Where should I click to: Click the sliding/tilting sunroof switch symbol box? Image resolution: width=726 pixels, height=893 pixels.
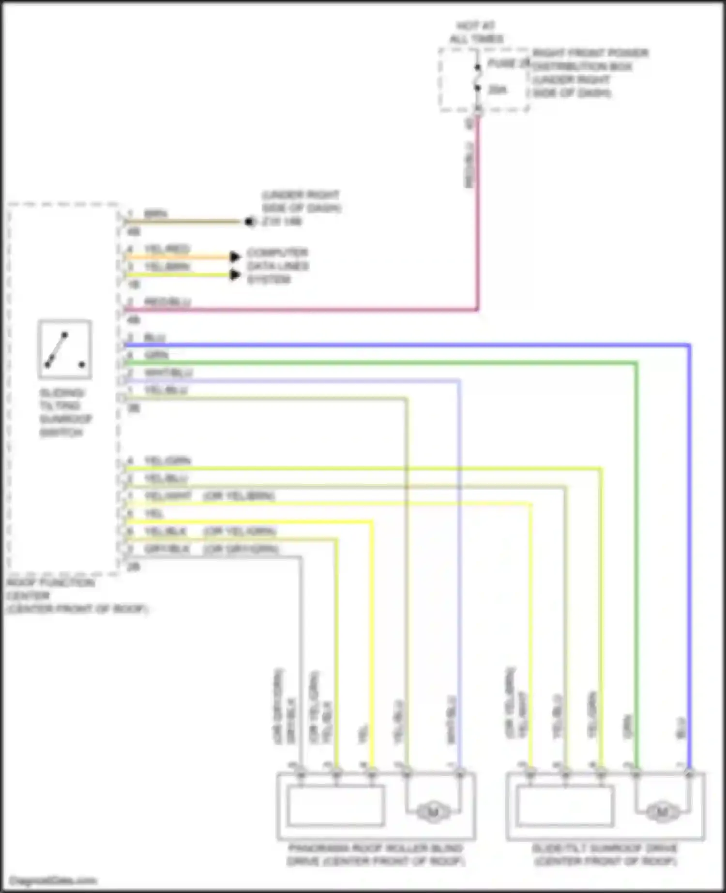tap(64, 349)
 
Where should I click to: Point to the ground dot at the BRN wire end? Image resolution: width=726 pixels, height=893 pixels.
tap(249, 222)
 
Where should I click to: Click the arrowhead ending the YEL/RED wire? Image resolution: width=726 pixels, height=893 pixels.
tap(235, 257)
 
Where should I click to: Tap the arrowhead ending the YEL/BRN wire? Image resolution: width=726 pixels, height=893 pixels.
tap(235, 275)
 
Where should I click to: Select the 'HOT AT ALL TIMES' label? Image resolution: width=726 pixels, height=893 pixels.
tap(476, 32)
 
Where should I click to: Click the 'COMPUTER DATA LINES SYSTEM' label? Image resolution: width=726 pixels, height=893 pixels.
tap(278, 266)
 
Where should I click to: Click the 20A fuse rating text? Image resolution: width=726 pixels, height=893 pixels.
tap(497, 90)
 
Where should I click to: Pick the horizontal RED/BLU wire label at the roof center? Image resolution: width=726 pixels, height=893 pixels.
tap(167, 302)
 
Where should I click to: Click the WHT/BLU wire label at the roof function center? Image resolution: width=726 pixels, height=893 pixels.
tap(168, 373)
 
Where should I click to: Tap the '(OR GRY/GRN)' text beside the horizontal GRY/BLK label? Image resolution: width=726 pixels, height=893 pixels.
tap(241, 549)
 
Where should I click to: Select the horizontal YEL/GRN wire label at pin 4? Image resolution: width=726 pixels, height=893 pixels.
tap(167, 461)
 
